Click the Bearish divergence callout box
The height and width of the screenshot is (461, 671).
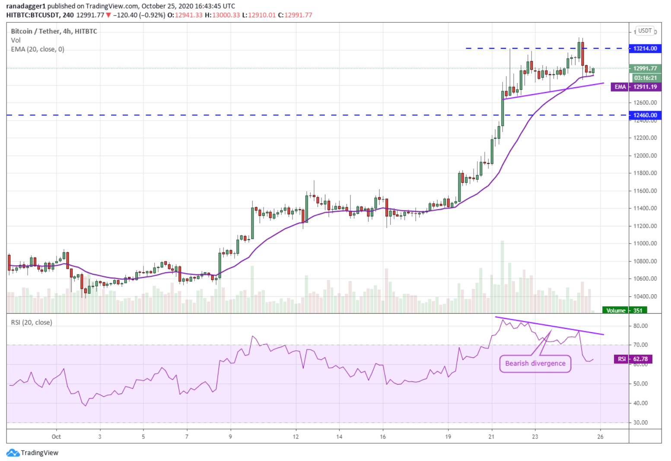535,363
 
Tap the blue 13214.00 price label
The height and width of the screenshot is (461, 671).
645,48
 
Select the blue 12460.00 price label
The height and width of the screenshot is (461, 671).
645,115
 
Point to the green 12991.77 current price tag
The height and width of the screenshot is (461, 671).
645,68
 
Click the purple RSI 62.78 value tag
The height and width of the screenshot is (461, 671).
633,359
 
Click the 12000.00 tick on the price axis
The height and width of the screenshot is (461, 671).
645,156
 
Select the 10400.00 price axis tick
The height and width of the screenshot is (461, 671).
645,296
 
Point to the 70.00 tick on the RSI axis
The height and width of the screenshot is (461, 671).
640,345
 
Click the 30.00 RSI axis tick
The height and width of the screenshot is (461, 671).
640,423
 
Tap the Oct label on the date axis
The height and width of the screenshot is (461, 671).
56,436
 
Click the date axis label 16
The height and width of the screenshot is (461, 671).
383,436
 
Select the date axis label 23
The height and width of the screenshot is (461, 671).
535,436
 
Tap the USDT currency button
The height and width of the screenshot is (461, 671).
645,31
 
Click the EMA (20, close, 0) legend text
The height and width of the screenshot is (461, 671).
38,49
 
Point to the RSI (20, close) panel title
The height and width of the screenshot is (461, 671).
32,322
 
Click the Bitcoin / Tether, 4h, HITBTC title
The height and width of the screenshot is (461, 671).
54,31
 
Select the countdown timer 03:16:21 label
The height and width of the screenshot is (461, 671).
645,78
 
